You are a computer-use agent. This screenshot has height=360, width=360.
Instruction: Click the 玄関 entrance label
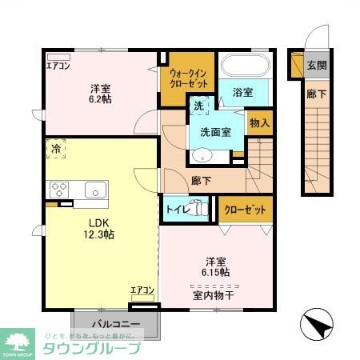pos(318,65)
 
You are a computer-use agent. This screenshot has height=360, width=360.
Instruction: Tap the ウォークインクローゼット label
pos(188,78)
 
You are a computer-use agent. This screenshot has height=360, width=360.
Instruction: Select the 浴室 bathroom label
pos(243,92)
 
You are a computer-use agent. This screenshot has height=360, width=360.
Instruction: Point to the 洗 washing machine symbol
pos(198,105)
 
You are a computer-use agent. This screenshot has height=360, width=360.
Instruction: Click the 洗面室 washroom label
pos(215,132)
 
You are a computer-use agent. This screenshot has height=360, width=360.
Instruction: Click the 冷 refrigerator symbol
pos(56,149)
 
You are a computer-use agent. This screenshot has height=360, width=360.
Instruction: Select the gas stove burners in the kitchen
pos(59,190)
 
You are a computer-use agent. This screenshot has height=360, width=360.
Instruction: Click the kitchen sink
pos(95,190)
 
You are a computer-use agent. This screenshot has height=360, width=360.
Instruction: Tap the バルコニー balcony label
pos(116,324)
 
